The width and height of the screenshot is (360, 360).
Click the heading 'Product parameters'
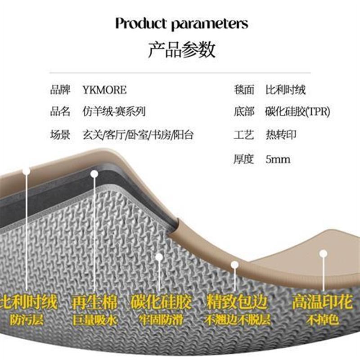pyautogui.click(x=181, y=23)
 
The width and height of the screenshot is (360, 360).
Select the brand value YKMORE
pyautogui.click(x=104, y=90)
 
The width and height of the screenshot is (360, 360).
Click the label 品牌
pyautogui.click(x=60, y=90)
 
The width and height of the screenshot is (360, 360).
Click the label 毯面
pyautogui.click(x=244, y=90)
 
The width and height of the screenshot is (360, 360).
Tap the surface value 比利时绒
pyautogui.click(x=286, y=90)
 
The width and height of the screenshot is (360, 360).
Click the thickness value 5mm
pyautogui.click(x=278, y=159)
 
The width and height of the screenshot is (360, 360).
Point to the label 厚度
pyautogui.click(x=244, y=159)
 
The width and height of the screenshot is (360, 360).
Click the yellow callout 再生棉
pyautogui.click(x=94, y=302)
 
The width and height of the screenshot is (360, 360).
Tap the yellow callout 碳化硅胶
pyautogui.click(x=161, y=302)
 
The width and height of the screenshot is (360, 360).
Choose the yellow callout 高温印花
pyautogui.click(x=322, y=302)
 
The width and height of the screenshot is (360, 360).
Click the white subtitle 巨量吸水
pyautogui.click(x=94, y=320)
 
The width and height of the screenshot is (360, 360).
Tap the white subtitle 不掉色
pyautogui.click(x=322, y=320)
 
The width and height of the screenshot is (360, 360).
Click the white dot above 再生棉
pyautogui.click(x=94, y=174)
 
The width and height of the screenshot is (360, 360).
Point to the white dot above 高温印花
pyautogui.click(x=323, y=253)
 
